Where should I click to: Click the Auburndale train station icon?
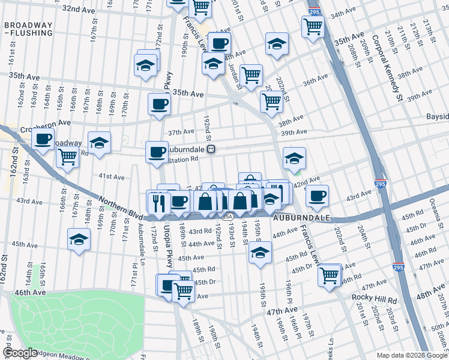coord(211,149)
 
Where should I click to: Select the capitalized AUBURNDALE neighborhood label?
coord(302,218)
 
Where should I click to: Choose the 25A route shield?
coord(226,215)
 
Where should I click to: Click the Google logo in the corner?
coord(20,353)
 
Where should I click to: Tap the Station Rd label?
coord(182,160)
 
